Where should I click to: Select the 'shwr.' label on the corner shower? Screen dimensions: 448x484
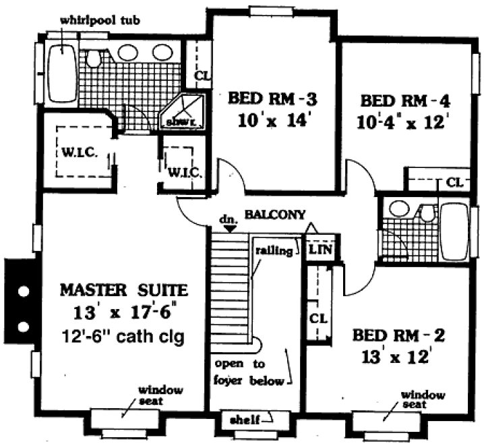tap(177, 121)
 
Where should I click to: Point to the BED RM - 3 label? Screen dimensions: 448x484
tap(272, 100)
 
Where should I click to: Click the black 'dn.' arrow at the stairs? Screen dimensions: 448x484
tap(230, 229)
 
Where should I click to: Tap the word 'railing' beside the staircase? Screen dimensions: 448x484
tap(274, 250)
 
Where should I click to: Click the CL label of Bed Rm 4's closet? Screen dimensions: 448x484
tap(454, 181)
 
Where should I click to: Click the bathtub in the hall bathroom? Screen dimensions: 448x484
tap(456, 231)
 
